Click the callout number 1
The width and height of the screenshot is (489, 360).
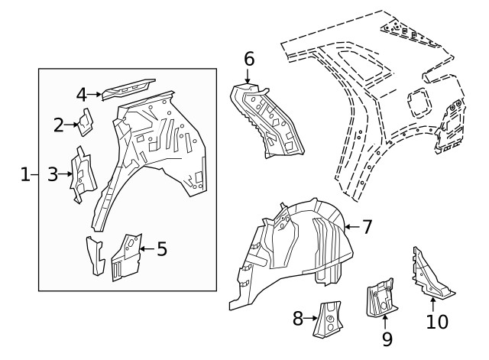pos(24,175)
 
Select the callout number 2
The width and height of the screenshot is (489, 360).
pos(59,125)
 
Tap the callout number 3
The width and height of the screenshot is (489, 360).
pos(52,174)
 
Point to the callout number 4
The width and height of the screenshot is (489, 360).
pos(82,95)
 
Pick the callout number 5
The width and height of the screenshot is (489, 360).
pos(161,249)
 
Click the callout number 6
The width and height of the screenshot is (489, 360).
pos(249,59)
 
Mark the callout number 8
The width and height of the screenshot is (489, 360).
pos(298,319)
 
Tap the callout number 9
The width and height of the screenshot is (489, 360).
pos(387,337)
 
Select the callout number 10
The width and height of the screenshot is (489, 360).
pos(437,322)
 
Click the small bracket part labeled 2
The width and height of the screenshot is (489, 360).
pos(86,121)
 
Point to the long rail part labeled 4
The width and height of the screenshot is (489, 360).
pos(128,89)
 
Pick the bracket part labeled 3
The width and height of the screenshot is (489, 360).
pos(83,174)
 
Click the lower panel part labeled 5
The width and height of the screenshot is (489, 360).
pos(126,256)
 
